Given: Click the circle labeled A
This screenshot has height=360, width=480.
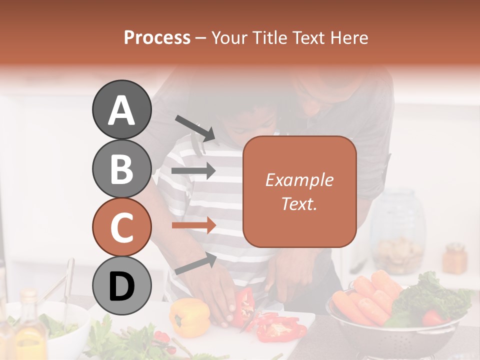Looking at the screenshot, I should (121, 110).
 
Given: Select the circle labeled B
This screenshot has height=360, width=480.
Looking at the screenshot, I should (121, 168).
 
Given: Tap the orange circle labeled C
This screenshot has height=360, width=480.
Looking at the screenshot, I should (121, 227).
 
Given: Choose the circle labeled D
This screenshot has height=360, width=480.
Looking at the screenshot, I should (121, 286).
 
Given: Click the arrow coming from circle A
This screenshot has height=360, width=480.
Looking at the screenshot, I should (195, 128).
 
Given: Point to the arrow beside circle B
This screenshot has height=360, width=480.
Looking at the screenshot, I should (193, 171).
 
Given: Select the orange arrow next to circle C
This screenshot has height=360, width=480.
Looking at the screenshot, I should (193, 225).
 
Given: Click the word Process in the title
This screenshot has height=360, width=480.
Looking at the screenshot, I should (157, 38).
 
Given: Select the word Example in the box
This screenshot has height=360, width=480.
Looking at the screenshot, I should (299, 180).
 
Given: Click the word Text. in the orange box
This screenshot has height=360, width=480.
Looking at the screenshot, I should (299, 203).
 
